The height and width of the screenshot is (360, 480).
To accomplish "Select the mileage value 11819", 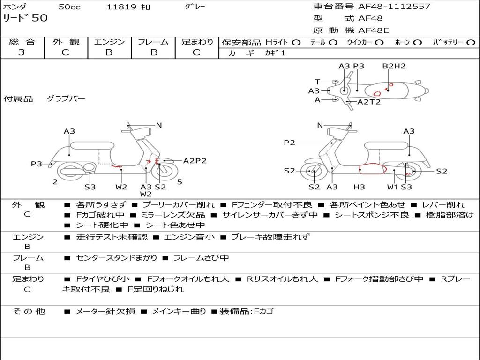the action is [x=122, y=7].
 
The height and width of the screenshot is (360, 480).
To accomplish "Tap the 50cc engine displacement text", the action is [x=68, y=7].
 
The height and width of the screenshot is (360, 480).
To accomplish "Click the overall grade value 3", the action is [x=22, y=52].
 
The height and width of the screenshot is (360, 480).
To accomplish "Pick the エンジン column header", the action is [x=109, y=42].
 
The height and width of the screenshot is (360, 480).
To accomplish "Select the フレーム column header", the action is [x=153, y=42].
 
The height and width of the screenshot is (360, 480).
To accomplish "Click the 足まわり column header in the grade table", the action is [x=197, y=42].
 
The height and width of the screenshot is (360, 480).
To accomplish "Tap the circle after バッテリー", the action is [x=471, y=43].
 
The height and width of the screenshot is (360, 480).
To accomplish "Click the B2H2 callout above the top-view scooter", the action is [x=394, y=67].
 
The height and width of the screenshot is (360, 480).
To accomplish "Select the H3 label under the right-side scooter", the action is [x=360, y=187].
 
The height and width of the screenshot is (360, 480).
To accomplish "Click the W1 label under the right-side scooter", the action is [x=393, y=187].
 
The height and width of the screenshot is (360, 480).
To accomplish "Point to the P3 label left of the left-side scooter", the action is [x=37, y=164].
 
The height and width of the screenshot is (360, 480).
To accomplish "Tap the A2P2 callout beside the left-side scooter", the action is [x=195, y=161].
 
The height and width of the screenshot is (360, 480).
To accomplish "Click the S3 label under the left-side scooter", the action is [x=90, y=187].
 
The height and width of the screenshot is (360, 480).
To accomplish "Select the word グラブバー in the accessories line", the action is [x=66, y=99].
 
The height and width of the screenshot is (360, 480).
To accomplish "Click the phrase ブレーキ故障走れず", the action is [x=270, y=237].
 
